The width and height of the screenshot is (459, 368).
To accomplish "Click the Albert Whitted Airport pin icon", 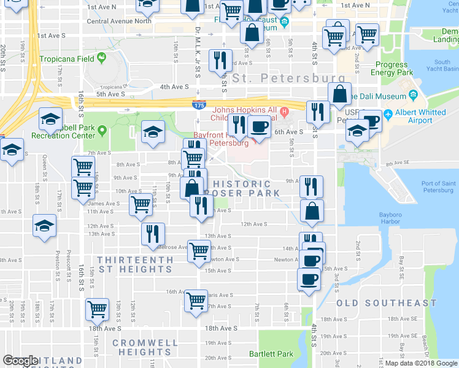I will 388,115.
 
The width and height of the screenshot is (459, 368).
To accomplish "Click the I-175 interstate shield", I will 198,106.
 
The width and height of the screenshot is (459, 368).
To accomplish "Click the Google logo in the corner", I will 20,361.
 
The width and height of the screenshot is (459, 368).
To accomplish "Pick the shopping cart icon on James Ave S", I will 141,204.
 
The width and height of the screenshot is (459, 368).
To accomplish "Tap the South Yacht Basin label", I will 442,66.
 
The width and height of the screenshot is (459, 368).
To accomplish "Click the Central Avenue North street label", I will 119,21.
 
